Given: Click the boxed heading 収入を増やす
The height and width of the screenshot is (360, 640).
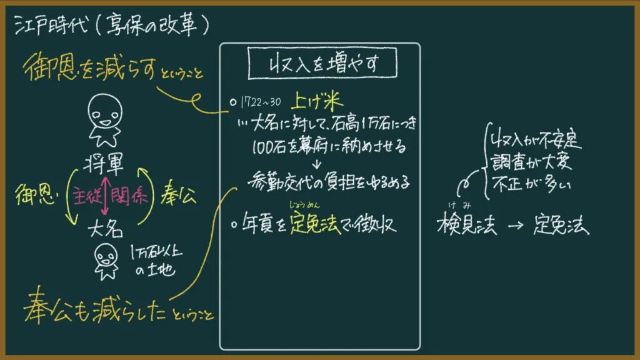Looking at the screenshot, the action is (x=322, y=63).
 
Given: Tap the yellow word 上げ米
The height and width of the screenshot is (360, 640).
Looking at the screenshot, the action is (x=317, y=101).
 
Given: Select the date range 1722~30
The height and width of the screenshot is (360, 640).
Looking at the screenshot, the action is (x=261, y=102).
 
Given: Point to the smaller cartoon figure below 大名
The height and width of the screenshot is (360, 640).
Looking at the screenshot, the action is (x=106, y=261).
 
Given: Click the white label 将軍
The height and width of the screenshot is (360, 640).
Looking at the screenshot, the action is (x=104, y=164).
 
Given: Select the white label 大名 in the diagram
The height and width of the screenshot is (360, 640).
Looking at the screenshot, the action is (x=105, y=229).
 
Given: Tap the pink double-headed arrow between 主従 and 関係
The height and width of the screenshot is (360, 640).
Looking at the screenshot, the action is (x=105, y=196).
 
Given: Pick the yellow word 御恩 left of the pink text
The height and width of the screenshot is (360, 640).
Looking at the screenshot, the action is (x=36, y=194).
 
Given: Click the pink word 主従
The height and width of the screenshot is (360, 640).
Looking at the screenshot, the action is (x=87, y=196).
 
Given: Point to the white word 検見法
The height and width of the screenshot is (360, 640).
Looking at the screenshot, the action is (x=467, y=225).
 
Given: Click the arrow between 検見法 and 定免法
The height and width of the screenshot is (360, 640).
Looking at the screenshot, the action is (x=516, y=225).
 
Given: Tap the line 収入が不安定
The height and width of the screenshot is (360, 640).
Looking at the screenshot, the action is (x=536, y=139).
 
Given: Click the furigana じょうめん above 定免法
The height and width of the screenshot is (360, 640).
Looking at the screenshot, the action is (x=304, y=205).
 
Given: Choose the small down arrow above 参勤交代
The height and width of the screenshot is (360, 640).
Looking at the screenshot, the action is (x=317, y=164).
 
